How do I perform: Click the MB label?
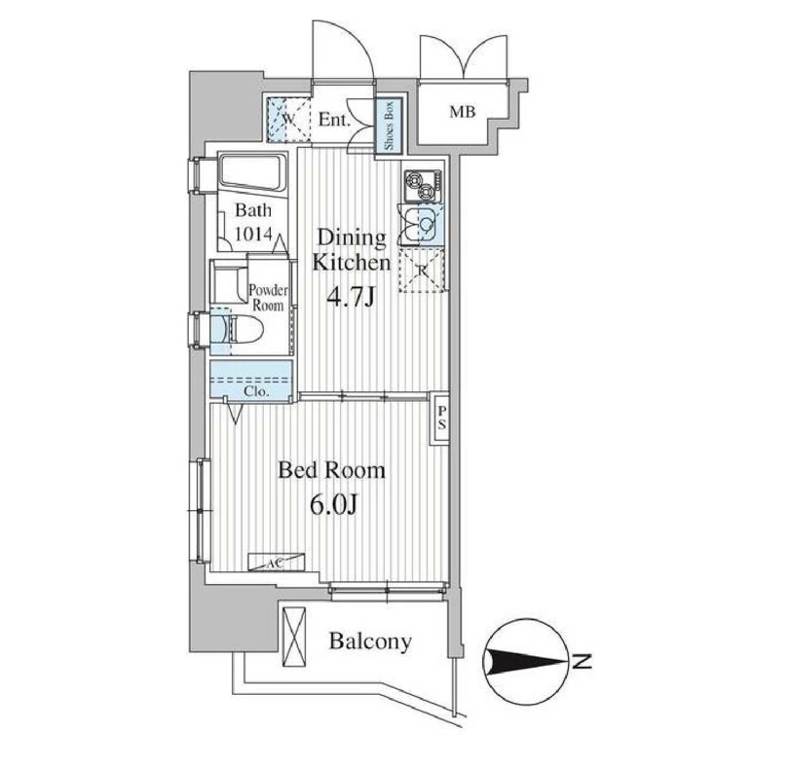pyautogui.click(x=462, y=112)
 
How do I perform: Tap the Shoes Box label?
pyautogui.click(x=388, y=127)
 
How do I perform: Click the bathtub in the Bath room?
pyautogui.click(x=249, y=174)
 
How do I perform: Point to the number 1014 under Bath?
pyautogui.click(x=258, y=234)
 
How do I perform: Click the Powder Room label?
pyautogui.click(x=266, y=297)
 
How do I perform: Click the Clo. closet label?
pyautogui.click(x=256, y=391)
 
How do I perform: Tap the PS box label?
pyautogui.click(x=441, y=419)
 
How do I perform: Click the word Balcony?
pyautogui.click(x=369, y=642)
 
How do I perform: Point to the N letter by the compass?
pyautogui.click(x=582, y=663)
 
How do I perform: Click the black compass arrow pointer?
pyautogui.click(x=527, y=662)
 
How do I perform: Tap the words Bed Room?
pyautogui.click(x=331, y=471)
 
